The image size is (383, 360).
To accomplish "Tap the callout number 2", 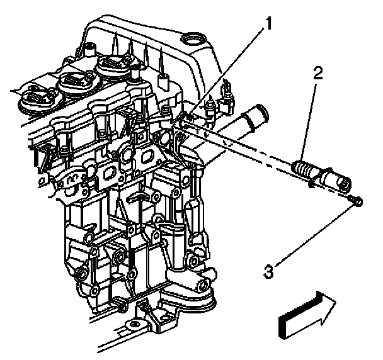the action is click(x=318, y=73).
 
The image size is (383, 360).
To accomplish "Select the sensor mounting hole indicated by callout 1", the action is click(x=187, y=117).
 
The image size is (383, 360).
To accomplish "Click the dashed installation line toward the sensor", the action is click(x=246, y=145).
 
